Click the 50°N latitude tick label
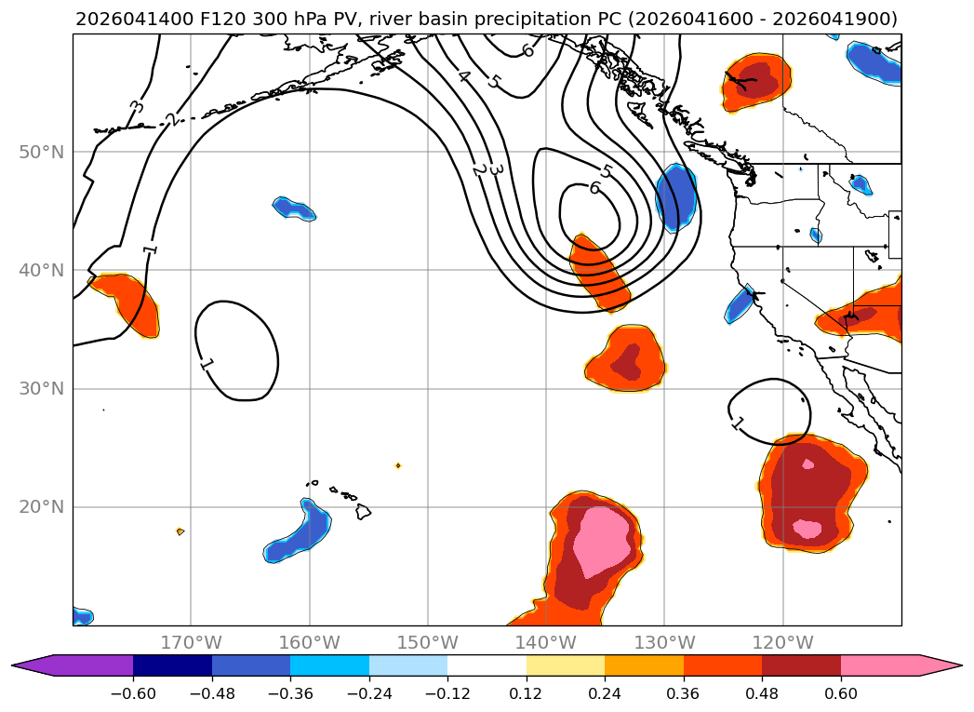click(42, 153)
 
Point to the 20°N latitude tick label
click(42, 507)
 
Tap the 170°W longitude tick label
click(191, 642)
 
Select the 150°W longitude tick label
click(427, 642)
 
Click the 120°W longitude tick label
click(782, 642)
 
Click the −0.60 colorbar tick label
click(133, 693)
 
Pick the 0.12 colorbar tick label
click(527, 693)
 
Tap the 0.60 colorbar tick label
click(840, 693)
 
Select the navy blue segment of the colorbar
click(173, 665)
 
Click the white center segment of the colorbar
click(487, 665)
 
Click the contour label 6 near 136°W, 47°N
click(594, 188)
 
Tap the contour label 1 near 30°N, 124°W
click(738, 424)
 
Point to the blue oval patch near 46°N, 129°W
click(675, 197)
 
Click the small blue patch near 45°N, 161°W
click(295, 208)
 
